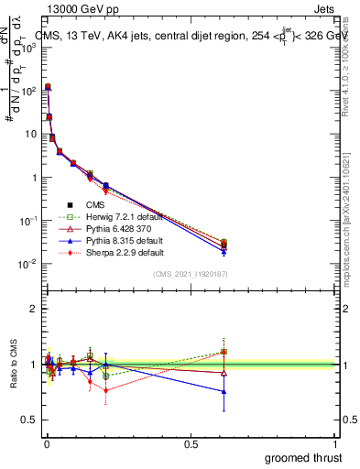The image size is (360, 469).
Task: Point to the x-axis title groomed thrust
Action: pos(303,457)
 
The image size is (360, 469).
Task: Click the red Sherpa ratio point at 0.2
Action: pos(106,390)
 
